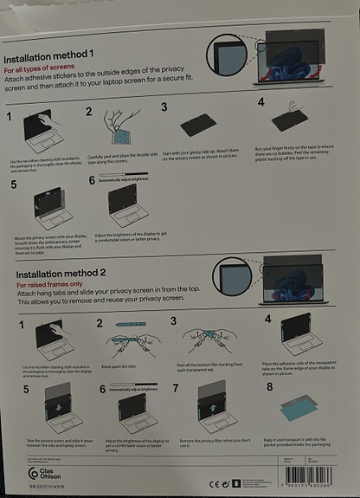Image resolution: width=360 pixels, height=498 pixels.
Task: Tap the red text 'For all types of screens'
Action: point(48,70)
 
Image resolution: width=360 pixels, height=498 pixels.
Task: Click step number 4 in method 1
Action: point(260,103)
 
